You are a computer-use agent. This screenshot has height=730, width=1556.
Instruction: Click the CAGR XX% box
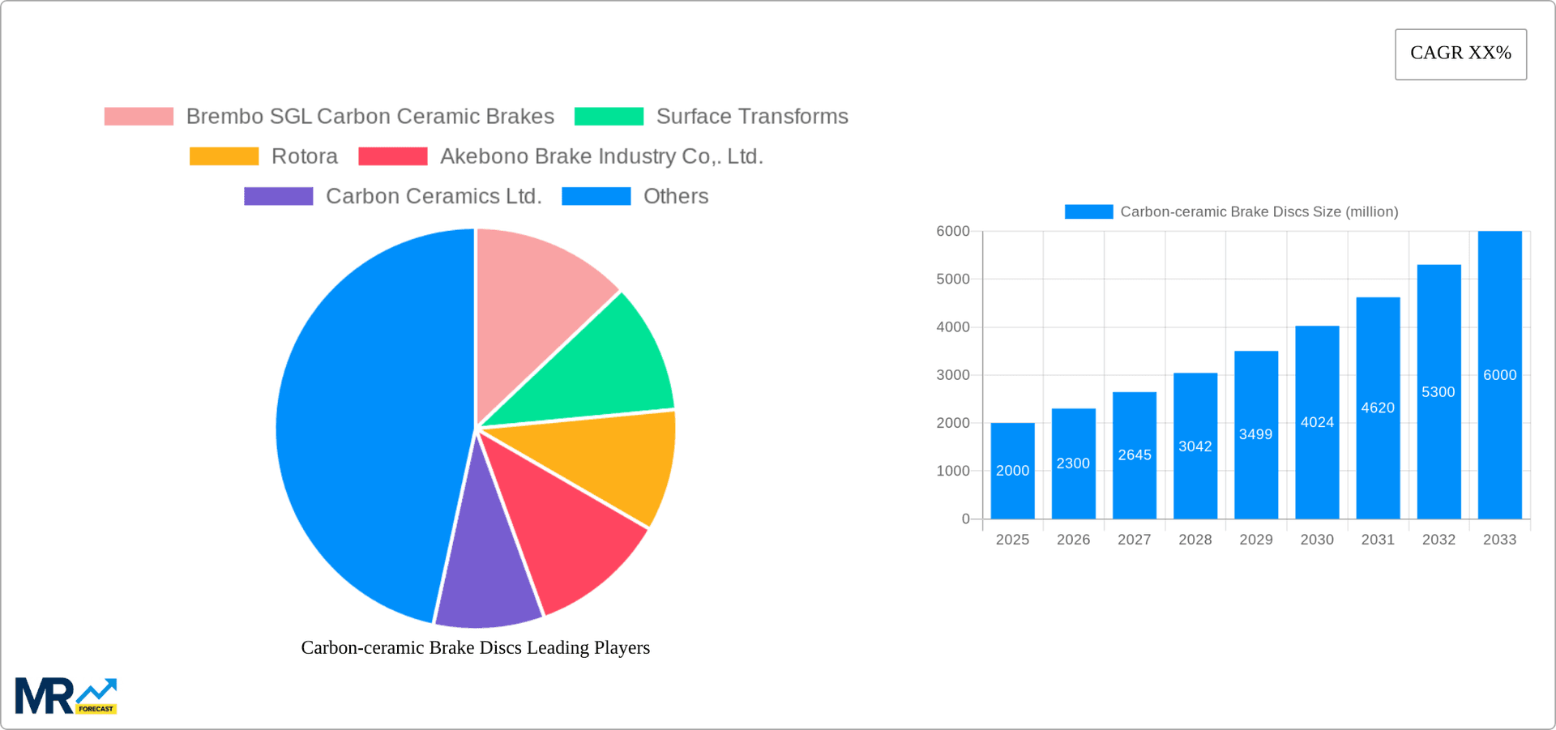point(1460,53)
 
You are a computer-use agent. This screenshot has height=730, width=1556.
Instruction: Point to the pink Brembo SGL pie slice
point(535,300)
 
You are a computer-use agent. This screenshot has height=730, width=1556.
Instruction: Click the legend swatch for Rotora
point(224,156)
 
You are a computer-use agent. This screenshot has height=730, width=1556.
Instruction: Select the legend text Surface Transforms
point(751,117)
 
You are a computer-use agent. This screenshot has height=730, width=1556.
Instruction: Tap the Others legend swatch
point(596,196)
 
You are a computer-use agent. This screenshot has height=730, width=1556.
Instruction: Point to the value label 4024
point(1317,422)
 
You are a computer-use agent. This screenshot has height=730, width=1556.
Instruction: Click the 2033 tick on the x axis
point(1499,540)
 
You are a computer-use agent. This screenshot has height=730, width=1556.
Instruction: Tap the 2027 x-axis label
point(1134,540)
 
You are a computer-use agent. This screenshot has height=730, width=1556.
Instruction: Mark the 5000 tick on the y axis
point(952,280)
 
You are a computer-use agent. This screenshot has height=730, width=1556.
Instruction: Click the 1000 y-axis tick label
point(952,471)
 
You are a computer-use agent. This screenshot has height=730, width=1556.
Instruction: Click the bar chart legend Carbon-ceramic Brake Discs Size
point(1259,211)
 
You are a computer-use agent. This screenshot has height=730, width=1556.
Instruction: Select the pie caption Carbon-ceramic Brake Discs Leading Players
point(475,647)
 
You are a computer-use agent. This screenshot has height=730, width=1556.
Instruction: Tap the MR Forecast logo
point(66,696)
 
